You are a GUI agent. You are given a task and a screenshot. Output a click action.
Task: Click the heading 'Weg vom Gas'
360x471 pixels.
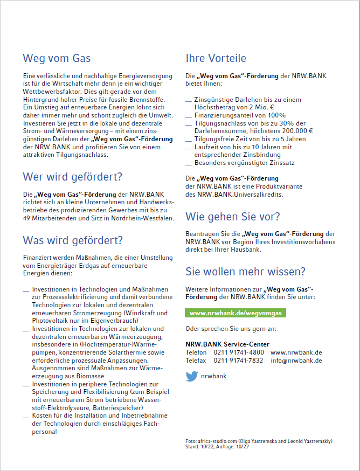(x=57, y=58)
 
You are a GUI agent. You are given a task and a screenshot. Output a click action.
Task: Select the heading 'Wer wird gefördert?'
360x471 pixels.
(x=72, y=177)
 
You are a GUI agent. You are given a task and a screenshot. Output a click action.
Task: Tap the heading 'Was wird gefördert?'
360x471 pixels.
(x=73, y=240)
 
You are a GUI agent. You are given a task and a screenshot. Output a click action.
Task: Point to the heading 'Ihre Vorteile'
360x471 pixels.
(x=216, y=58)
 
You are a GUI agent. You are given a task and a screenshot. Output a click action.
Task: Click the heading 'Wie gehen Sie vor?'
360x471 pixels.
(x=233, y=217)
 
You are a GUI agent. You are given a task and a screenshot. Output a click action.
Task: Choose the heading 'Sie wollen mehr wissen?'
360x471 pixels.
(x=245, y=271)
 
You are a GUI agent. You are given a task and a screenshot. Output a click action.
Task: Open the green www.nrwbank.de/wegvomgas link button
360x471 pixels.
(x=236, y=313)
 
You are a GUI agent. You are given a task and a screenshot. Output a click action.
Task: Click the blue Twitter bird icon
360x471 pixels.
(x=191, y=376)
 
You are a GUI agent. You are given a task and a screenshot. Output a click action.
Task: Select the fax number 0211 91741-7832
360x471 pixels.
(x=239, y=361)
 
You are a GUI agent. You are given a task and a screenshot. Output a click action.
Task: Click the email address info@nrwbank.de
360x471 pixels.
(x=296, y=361)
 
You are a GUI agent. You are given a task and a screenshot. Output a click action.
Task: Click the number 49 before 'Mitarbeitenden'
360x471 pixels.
(x=27, y=218)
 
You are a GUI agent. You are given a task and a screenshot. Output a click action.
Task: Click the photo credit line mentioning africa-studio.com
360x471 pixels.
(x=259, y=441)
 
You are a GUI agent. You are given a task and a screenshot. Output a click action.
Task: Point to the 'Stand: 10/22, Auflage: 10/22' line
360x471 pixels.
(x=217, y=447)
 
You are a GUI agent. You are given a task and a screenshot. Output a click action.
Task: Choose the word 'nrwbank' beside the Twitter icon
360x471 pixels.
(x=213, y=376)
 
